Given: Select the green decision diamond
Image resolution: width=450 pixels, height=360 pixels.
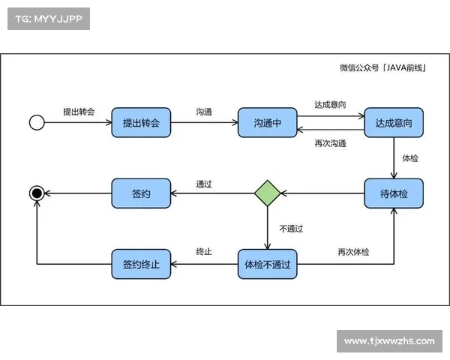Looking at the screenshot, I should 267,193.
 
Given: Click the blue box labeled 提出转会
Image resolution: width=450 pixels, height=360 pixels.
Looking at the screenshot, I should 141,123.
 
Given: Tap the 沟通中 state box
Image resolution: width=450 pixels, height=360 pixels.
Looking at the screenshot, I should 267,123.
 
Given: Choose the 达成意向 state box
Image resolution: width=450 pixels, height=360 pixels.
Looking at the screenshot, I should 393,123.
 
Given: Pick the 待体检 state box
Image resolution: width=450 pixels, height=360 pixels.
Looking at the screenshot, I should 393,193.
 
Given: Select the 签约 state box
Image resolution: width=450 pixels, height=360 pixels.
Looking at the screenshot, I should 141,193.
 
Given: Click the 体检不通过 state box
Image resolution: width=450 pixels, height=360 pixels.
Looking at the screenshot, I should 267,264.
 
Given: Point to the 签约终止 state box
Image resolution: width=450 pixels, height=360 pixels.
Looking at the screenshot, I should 141,264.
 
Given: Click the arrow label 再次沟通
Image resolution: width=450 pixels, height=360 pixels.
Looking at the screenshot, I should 330,143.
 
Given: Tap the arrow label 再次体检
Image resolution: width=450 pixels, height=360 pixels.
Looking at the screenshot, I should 353,252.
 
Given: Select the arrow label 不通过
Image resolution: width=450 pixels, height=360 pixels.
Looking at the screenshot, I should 291,228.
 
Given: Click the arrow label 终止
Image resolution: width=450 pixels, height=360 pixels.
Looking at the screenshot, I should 204,252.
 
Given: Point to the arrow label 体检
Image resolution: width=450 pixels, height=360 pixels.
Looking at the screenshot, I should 410,158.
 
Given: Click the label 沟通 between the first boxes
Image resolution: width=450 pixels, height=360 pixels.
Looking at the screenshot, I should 204,111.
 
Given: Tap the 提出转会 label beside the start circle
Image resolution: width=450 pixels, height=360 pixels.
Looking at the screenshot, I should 79,111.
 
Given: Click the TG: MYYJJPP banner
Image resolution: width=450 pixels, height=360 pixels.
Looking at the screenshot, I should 48,19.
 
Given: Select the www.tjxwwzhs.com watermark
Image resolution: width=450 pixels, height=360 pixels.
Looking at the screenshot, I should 389,341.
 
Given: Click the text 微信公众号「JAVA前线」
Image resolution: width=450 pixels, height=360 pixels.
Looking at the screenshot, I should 382,68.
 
